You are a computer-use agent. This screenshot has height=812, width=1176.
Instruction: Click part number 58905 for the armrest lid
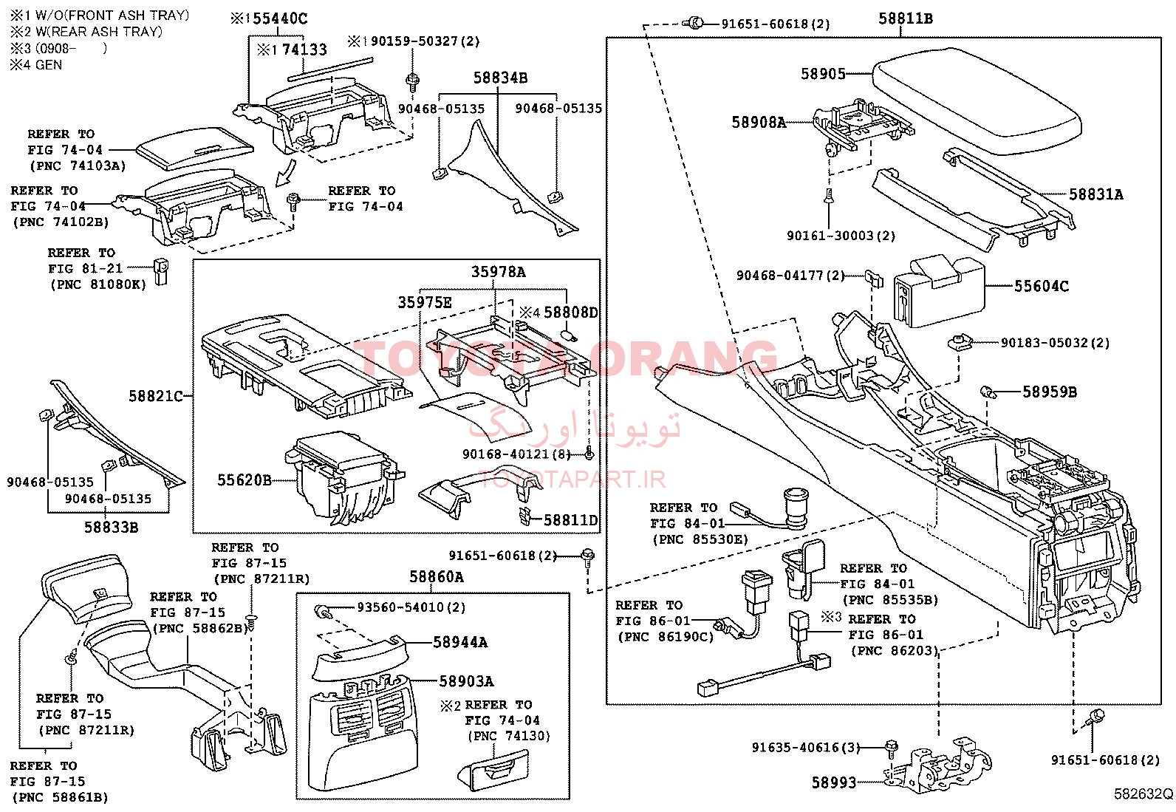[823, 74]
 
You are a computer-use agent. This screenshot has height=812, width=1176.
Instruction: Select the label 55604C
[1041, 286]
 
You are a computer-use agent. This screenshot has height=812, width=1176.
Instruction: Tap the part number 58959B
[1049, 392]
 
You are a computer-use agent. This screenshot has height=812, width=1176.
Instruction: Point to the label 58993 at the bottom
[833, 782]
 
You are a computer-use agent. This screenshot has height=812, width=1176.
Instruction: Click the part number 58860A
[437, 576]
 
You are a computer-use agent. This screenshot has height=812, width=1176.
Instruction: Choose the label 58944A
[460, 642]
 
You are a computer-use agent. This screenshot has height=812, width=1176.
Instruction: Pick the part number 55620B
[244, 480]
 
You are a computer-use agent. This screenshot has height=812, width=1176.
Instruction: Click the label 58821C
[155, 396]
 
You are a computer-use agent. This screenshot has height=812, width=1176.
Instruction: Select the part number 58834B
[500, 78]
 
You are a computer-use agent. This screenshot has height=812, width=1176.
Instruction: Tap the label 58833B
[111, 527]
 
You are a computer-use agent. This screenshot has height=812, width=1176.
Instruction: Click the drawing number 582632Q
[1143, 794]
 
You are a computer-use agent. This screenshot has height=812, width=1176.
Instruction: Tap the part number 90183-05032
[1044, 343]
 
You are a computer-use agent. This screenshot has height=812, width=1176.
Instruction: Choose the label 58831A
[1095, 194]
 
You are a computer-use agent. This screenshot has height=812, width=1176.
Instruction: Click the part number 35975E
[424, 301]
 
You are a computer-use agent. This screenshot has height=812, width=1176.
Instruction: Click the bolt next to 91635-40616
[891, 746]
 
